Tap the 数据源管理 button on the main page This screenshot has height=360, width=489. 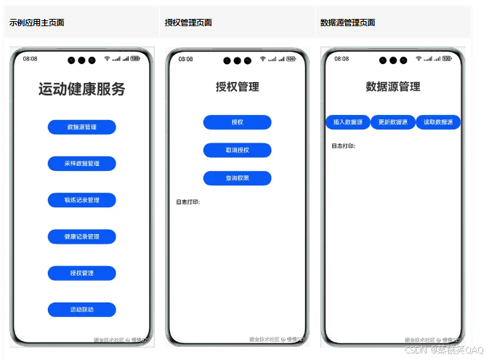[81, 127]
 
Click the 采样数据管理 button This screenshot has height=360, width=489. [81, 164]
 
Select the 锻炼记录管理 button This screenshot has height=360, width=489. [81, 200]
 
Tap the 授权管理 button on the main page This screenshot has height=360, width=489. [81, 273]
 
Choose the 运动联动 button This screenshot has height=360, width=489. [81, 310]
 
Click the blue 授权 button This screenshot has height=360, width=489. [237, 122]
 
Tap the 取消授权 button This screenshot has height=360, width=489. [237, 151]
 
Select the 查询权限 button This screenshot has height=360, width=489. [237, 178]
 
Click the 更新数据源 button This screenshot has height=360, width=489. [393, 122]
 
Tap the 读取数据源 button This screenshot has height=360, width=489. [438, 122]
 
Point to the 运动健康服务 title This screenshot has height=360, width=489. [81, 89]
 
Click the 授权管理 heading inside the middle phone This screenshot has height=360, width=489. [237, 87]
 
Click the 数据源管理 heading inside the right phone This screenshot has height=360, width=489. [393, 87]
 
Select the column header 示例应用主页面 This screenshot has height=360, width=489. [37, 23]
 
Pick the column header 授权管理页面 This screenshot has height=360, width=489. [188, 23]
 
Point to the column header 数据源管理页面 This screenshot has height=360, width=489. [348, 23]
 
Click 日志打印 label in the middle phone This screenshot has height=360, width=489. [187, 201]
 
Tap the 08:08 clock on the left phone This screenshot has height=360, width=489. [31, 58]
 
